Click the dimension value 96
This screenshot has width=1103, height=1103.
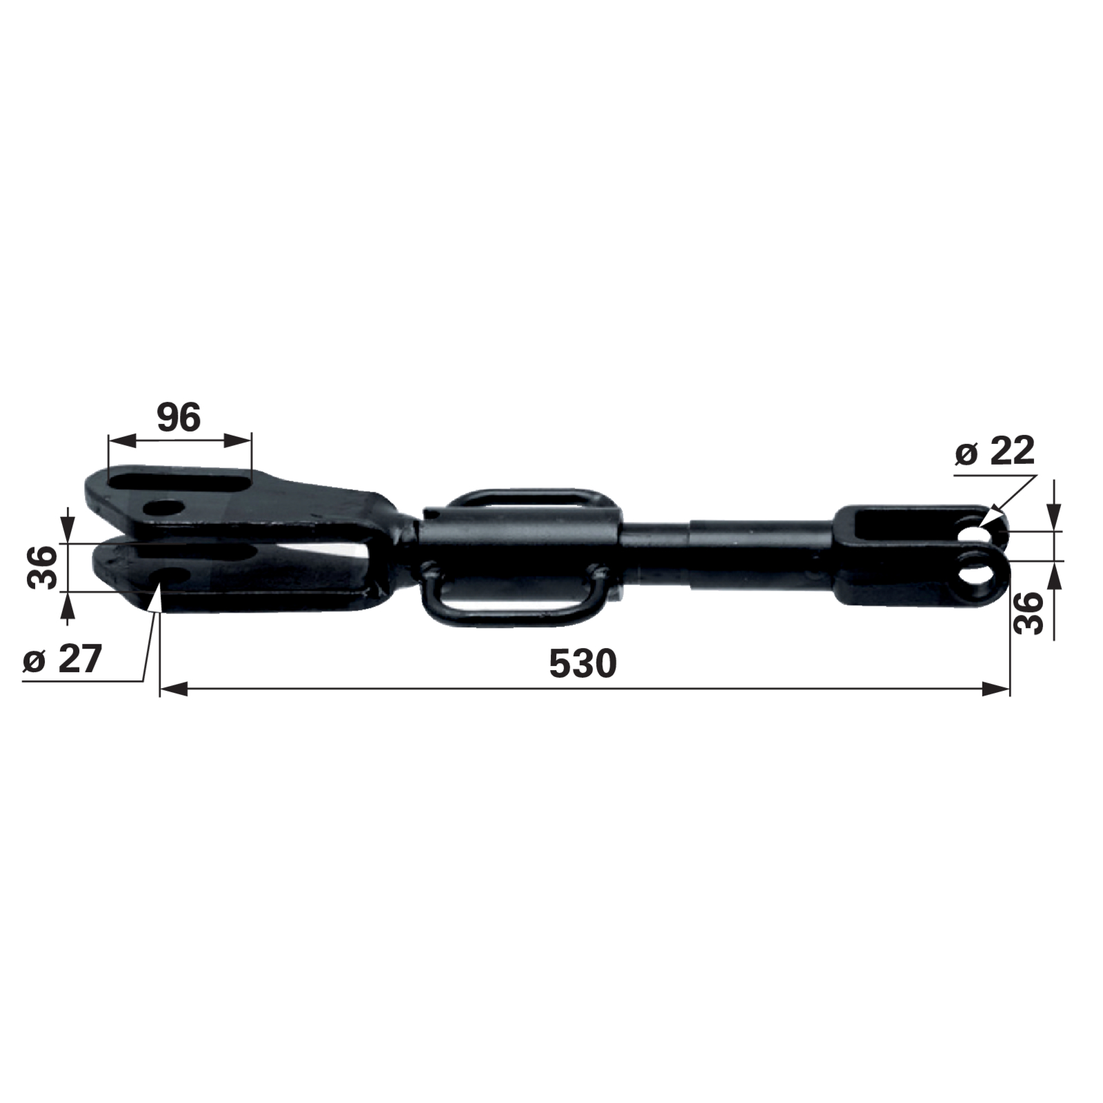coord(179,418)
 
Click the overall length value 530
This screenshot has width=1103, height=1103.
coord(583,664)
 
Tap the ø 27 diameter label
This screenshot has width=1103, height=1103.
coord(62,659)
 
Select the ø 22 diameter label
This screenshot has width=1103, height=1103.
coord(995,452)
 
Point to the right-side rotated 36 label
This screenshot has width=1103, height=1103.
coord(1029,613)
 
